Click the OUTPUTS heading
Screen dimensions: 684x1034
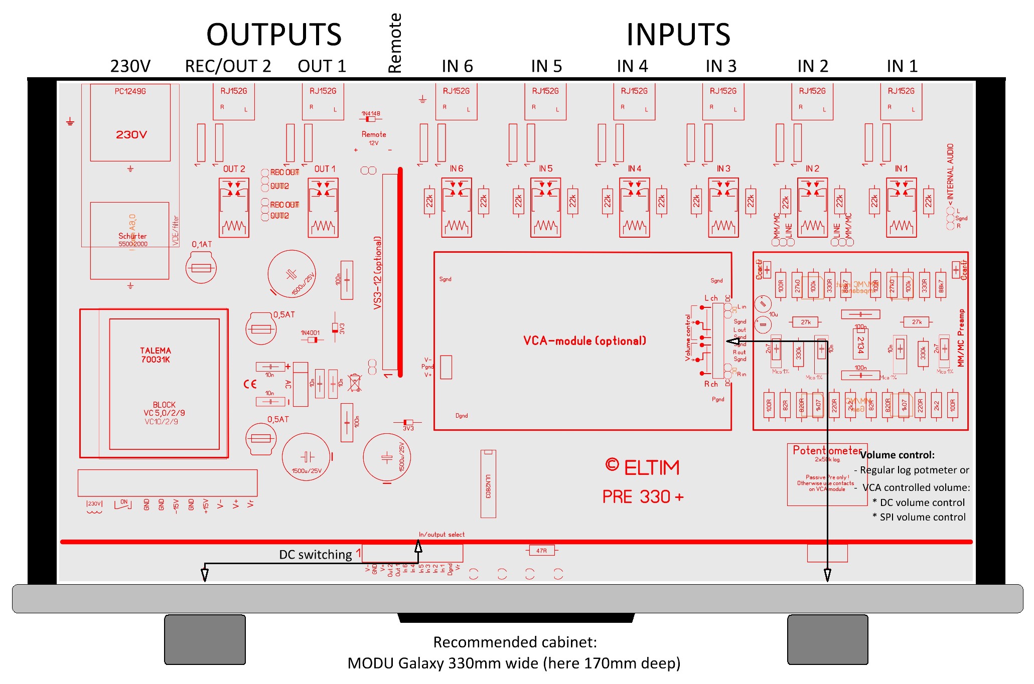(274, 35)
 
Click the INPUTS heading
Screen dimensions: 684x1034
(678, 35)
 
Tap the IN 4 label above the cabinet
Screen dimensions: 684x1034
(632, 66)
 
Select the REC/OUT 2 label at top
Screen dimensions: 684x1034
(228, 66)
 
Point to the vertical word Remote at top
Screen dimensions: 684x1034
(395, 43)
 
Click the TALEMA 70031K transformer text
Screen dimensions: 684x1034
(156, 355)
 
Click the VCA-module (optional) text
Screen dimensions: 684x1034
(584, 341)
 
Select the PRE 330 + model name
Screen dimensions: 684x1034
(643, 497)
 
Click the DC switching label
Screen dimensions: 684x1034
(316, 555)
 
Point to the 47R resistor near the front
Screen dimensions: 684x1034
(541, 551)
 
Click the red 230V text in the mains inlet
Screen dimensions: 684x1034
(131, 135)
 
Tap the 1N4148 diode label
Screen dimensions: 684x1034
(371, 114)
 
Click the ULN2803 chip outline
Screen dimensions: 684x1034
(488, 484)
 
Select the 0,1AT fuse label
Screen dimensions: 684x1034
(202, 244)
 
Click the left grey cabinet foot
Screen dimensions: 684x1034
(205, 639)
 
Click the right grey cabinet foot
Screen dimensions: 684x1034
(827, 639)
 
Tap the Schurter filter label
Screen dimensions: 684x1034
(132, 236)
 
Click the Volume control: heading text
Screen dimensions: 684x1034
(897, 455)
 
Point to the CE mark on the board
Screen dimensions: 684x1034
(250, 384)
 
